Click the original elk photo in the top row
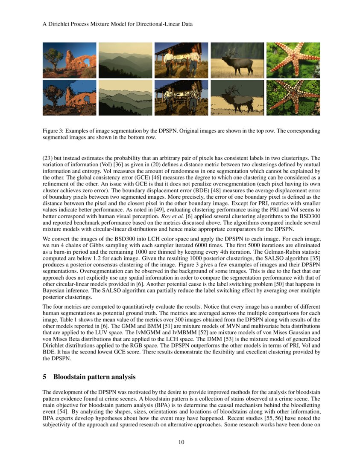237,60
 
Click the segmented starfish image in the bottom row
293,98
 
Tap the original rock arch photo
69,60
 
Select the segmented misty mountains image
125,98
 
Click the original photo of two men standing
181,60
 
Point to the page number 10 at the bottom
181,442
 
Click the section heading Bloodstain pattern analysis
94,377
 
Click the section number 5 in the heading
45,377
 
